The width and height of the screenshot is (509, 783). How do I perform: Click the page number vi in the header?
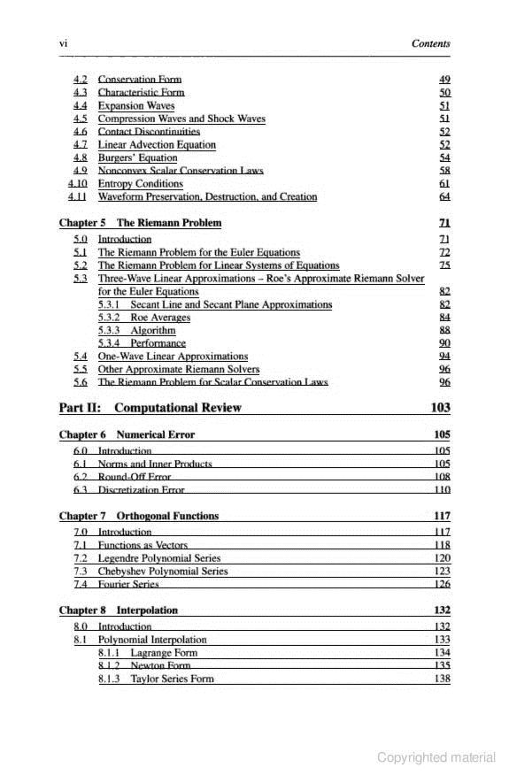tap(63, 43)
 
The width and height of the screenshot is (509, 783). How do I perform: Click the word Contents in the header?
tap(431, 43)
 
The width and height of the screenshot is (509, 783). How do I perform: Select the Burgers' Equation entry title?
tap(137, 157)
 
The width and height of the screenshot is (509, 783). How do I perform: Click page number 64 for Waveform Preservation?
tap(444, 196)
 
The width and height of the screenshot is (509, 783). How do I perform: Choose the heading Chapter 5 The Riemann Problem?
tap(140, 223)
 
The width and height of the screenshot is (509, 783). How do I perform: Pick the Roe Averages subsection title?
tap(159, 317)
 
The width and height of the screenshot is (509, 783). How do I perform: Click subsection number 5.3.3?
tap(110, 330)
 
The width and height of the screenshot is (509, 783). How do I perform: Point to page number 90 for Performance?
tap(444, 342)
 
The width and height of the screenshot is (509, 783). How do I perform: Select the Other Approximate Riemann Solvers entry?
tap(178, 369)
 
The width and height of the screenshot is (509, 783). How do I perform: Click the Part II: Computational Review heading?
tap(150, 408)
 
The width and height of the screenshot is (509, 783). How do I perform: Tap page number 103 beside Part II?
tap(440, 408)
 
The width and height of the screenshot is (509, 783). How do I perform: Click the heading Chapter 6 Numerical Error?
tap(127, 435)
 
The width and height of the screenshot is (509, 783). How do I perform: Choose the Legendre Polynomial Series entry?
tap(159, 558)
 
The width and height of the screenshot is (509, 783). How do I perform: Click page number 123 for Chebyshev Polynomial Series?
tap(443, 572)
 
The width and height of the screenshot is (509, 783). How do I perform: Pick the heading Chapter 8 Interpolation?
tap(118, 610)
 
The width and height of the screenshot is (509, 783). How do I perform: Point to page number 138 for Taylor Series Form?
tap(443, 679)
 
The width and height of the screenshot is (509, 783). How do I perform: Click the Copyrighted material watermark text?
tap(436, 757)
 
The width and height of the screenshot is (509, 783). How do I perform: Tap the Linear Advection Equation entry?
tap(156, 144)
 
